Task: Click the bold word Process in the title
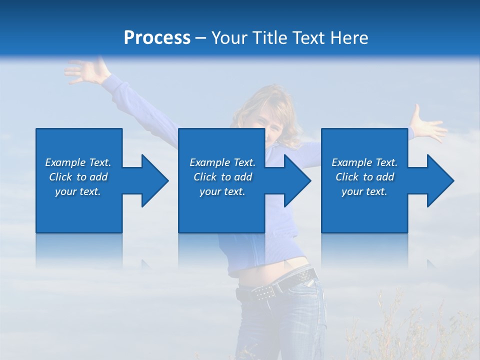click(x=157, y=38)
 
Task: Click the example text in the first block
click(x=78, y=177)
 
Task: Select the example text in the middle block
click(x=222, y=177)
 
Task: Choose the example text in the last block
click(x=364, y=177)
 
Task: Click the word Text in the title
click(x=308, y=38)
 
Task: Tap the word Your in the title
click(x=230, y=38)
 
